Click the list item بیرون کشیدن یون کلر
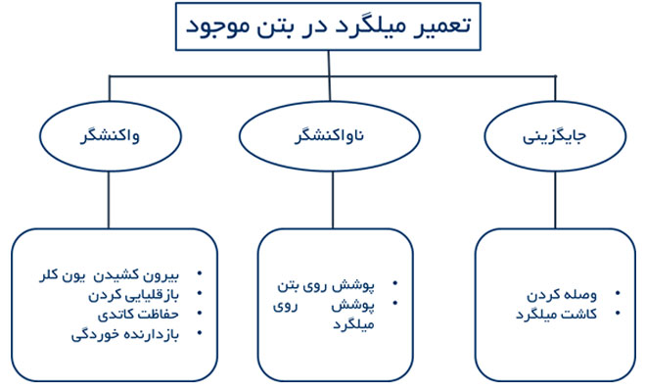pyautogui.click(x=109, y=275)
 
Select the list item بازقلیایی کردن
pyautogui.click(x=134, y=295)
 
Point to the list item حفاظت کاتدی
pyautogui.click(x=138, y=315)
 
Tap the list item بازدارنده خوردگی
pyautogui.click(x=125, y=334)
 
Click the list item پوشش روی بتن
pyautogui.click(x=326, y=286)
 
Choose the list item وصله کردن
pyautogui.click(x=562, y=295)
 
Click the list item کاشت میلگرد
pyautogui.click(x=557, y=315)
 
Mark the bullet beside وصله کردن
pyautogui.click(x=618, y=293)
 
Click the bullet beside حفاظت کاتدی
pyautogui.click(x=200, y=313)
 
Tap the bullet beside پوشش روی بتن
pyautogui.click(x=395, y=283)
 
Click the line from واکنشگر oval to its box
pyautogui.click(x=109, y=200)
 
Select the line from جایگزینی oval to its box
pyautogui.click(x=555, y=200)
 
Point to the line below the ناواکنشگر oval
pyautogui.click(x=333, y=200)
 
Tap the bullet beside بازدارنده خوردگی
pyautogui.click(x=200, y=332)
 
